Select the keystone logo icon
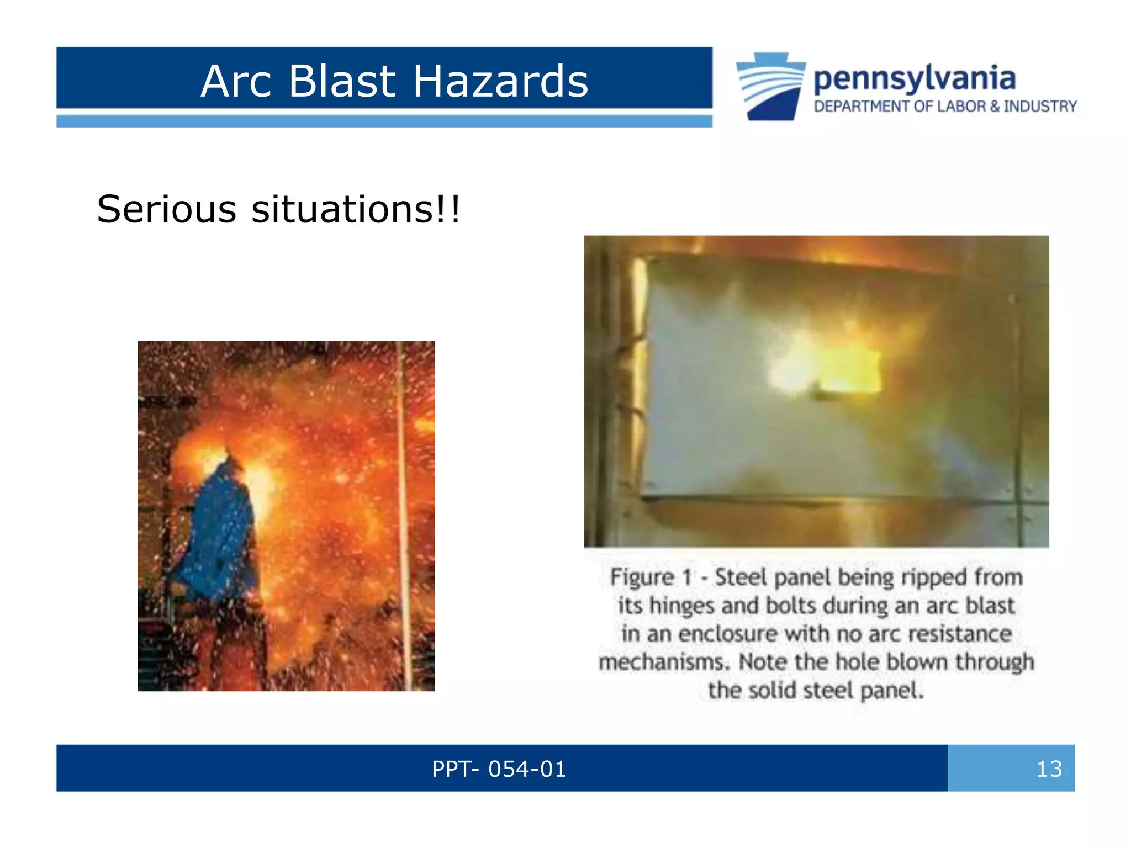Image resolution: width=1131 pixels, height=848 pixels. (x=770, y=86)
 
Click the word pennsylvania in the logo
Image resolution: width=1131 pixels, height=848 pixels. (x=914, y=79)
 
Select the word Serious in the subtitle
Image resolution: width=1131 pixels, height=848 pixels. (x=166, y=209)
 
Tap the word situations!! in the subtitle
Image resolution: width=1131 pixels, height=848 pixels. (x=355, y=209)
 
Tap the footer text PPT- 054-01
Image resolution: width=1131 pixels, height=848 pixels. (x=499, y=768)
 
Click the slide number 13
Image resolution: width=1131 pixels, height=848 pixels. (x=1049, y=768)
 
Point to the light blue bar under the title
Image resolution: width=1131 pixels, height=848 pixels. (x=384, y=121)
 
